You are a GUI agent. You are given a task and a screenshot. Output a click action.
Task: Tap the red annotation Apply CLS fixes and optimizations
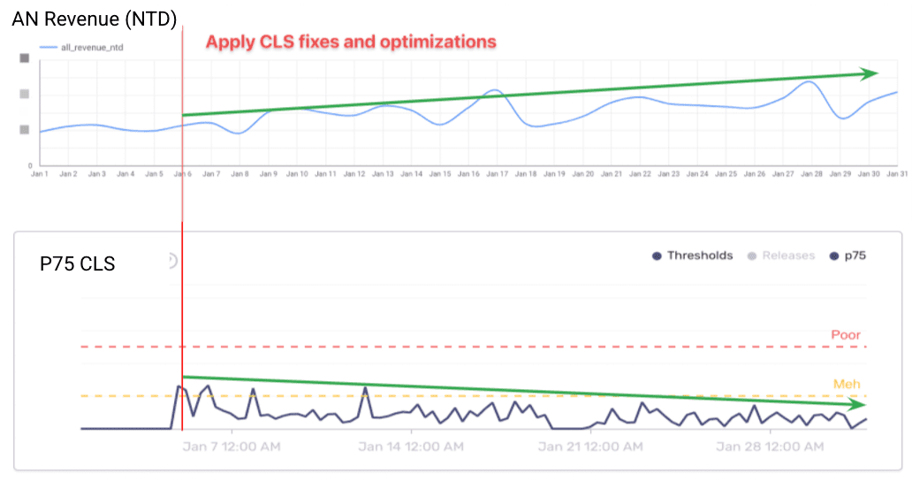tap(351, 42)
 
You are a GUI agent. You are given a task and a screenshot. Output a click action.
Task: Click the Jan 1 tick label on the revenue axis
tap(40, 174)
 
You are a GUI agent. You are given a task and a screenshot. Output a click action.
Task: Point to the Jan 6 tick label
tap(183, 174)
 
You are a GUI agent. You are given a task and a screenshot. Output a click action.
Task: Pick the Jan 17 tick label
tap(498, 174)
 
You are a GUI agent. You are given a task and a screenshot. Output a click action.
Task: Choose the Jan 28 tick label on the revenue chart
tap(812, 174)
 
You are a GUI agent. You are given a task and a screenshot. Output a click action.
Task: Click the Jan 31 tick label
tap(898, 174)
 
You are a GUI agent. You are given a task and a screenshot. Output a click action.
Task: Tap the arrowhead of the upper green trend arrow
tap(870, 73)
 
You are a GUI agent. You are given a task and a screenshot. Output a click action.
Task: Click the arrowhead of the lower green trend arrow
tap(856, 404)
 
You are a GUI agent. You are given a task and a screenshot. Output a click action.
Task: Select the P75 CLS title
tap(78, 263)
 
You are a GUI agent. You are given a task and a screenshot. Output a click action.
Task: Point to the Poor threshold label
tap(846, 335)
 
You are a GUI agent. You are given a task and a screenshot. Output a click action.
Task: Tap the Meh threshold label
tap(847, 385)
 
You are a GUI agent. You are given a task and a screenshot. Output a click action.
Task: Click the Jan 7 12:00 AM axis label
tap(232, 447)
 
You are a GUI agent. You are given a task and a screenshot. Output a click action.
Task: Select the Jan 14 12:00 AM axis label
tap(411, 447)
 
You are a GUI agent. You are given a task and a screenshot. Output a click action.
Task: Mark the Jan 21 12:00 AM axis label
tap(590, 447)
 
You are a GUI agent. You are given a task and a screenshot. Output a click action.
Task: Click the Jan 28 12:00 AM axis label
tap(770, 447)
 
